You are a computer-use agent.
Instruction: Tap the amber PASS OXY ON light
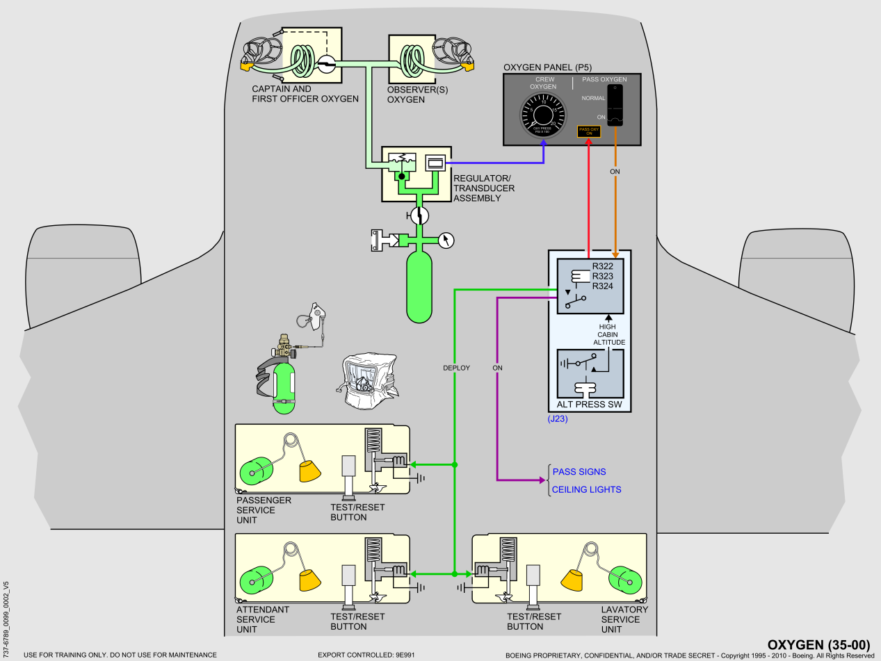click(x=589, y=131)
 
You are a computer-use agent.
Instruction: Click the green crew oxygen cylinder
click(x=419, y=286)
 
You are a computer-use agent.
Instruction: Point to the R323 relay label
click(x=603, y=276)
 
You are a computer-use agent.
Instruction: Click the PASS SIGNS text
click(x=579, y=472)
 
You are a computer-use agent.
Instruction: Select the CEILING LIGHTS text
click(x=586, y=490)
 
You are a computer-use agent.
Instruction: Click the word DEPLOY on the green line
click(x=456, y=368)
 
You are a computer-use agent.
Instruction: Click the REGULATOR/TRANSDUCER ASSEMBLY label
click(x=484, y=188)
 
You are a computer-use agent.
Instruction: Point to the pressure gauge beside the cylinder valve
click(x=448, y=240)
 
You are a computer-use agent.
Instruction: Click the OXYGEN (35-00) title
click(x=818, y=644)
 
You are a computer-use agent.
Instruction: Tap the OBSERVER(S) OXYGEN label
click(x=405, y=95)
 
